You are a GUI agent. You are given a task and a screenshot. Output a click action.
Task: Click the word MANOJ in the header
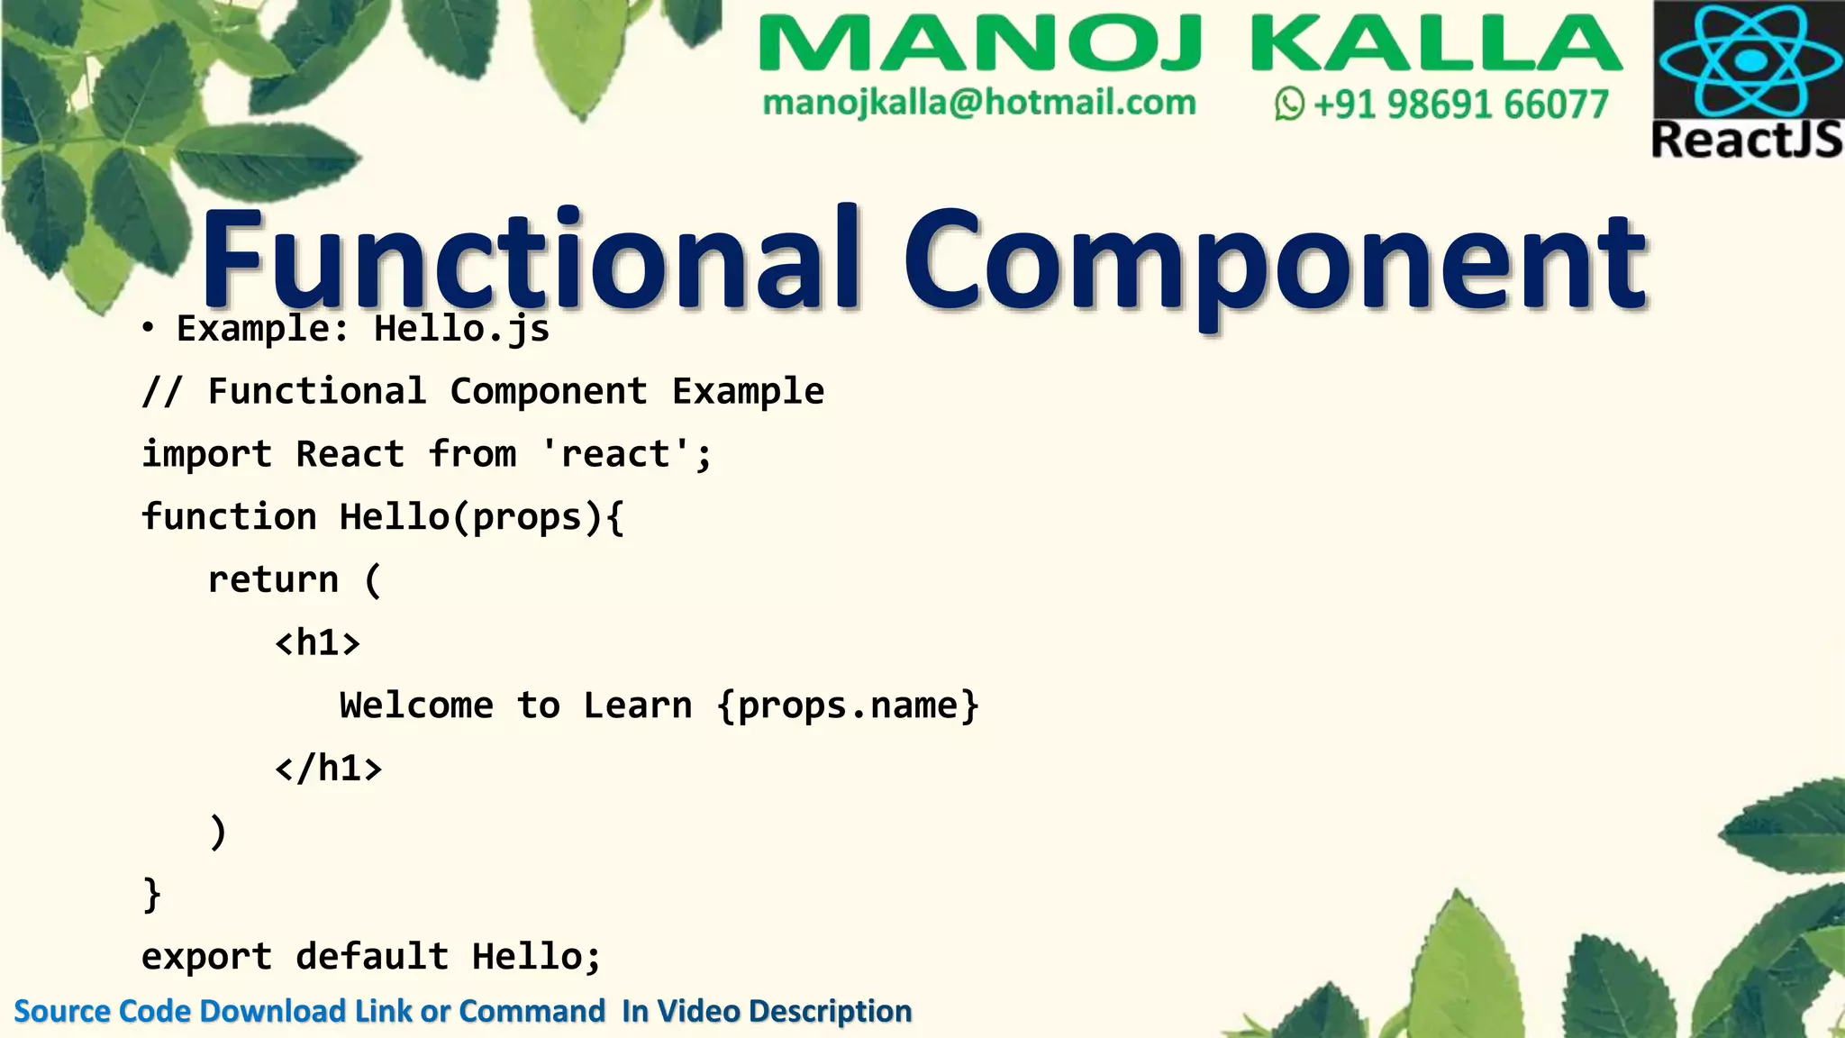click(980, 44)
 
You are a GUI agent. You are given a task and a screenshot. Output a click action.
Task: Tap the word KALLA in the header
click(1436, 44)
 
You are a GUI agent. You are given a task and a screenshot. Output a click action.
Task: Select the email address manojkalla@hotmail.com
click(979, 103)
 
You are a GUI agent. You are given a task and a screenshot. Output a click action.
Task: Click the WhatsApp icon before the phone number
click(1289, 104)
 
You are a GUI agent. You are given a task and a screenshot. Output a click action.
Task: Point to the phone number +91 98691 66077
click(1460, 105)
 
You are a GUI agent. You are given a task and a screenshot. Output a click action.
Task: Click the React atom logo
click(1750, 59)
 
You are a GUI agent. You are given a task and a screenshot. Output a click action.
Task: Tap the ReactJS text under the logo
click(1747, 141)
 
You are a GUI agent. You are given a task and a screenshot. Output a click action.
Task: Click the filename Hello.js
click(461, 329)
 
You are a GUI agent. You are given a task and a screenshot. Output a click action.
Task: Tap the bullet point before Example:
click(148, 329)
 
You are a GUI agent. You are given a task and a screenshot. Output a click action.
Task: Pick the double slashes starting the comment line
click(162, 392)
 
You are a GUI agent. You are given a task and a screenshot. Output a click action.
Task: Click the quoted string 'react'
click(615, 454)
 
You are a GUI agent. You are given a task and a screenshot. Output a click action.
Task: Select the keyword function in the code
click(229, 517)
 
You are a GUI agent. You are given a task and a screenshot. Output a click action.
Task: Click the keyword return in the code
click(273, 579)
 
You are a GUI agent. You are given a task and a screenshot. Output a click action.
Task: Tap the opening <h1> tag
click(317, 642)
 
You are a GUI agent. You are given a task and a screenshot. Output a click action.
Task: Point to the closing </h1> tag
click(328, 768)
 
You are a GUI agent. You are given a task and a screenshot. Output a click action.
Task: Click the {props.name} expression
click(848, 706)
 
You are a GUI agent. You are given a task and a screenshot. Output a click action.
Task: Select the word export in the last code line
click(206, 956)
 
